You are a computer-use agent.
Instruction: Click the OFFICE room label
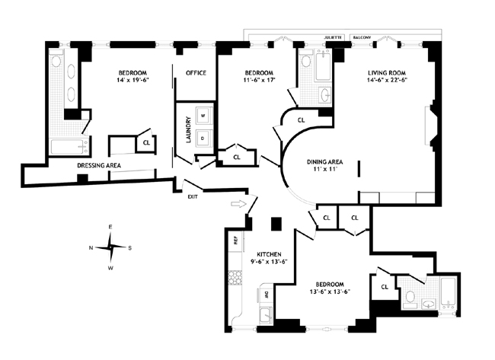[196, 73]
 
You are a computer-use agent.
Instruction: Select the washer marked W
[203, 116]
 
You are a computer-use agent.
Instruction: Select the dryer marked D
[203, 138]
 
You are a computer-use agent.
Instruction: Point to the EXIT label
[194, 196]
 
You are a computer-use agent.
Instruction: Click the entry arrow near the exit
[238, 204]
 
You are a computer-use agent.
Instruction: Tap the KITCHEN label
[270, 253]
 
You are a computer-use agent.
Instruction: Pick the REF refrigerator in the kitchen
[236, 241]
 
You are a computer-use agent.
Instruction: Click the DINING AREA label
[321, 161]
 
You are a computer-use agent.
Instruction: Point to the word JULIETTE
[334, 36]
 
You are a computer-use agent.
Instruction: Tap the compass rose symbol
[110, 247]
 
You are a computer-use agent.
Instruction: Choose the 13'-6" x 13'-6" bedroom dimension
[331, 292]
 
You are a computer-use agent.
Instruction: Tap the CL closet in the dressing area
[145, 142]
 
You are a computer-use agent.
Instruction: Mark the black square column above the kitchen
[276, 224]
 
